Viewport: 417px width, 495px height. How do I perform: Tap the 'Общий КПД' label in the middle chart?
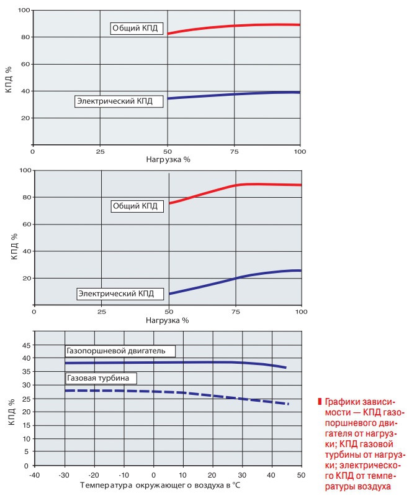point(135,206)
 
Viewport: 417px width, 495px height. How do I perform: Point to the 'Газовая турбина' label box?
point(99,377)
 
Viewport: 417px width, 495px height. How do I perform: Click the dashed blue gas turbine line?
point(186,393)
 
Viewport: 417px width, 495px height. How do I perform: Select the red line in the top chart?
point(236,26)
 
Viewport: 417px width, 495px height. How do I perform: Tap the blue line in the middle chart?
point(236,278)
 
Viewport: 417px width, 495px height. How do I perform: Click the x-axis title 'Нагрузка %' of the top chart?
point(168,159)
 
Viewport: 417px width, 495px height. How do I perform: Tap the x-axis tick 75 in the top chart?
point(235,151)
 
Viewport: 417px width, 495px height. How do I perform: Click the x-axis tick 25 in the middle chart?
point(101,310)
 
